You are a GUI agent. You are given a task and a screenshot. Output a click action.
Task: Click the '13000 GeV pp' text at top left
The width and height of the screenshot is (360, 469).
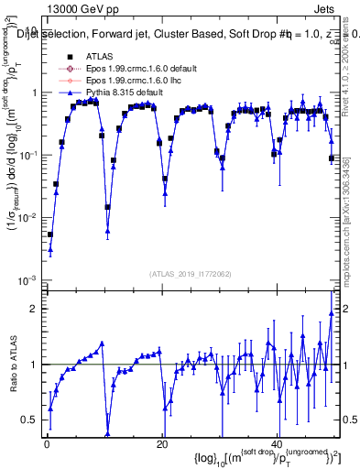[x=76, y=9]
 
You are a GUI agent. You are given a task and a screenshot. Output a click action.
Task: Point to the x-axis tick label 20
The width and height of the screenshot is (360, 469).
[x=161, y=443]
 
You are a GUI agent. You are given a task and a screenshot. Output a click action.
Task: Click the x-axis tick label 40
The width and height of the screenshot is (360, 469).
[x=277, y=443]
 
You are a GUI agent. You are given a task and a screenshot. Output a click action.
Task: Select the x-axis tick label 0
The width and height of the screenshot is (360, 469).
[x=46, y=443]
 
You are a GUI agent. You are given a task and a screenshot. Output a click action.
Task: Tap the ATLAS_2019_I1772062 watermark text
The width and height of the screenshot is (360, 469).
[x=191, y=273]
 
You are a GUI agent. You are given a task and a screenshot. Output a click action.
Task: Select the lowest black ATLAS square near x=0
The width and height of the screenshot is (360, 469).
[x=50, y=234]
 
